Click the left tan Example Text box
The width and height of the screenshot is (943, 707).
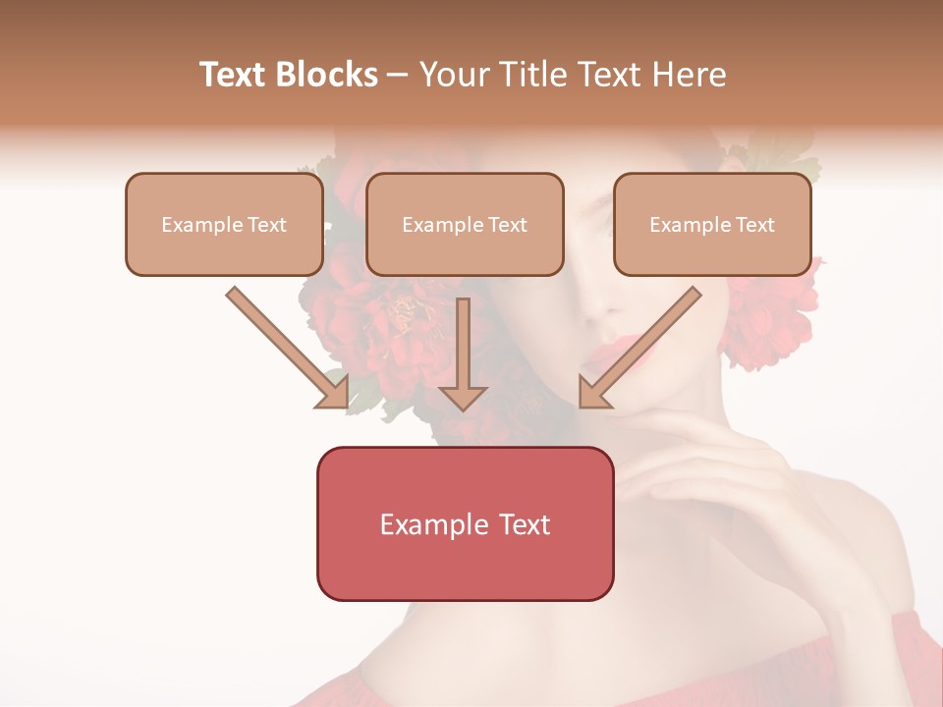[224, 225]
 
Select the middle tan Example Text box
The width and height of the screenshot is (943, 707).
[465, 225]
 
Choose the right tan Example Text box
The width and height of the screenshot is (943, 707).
[712, 225]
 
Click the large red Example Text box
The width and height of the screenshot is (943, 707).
[465, 524]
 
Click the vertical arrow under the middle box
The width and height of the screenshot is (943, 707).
[463, 353]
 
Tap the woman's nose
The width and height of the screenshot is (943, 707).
[595, 299]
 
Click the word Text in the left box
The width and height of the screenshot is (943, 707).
[268, 225]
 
